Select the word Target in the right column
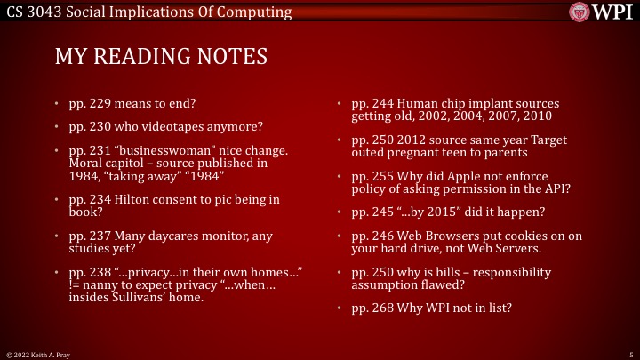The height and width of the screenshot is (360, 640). pyautogui.click(x=548, y=140)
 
